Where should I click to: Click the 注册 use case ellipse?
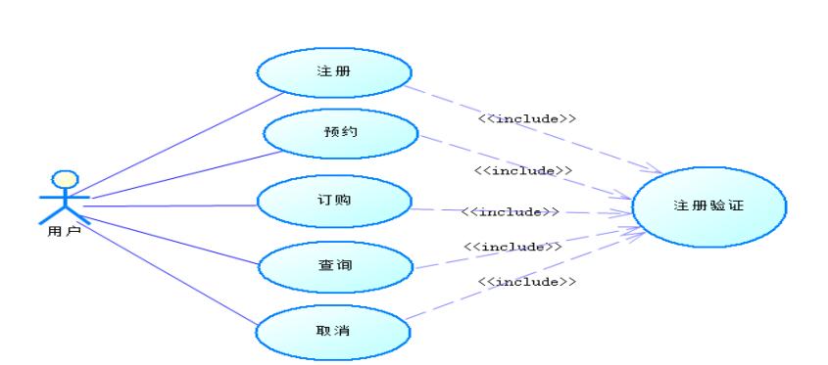point(334,72)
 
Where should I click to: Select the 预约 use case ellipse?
point(341,133)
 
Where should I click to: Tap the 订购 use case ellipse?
point(334,201)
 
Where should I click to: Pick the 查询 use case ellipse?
point(334,265)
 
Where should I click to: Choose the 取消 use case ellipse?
point(334,330)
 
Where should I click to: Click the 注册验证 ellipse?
point(708,206)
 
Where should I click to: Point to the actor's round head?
point(65,179)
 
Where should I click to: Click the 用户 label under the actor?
point(65,232)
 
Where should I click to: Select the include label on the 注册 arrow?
point(526,118)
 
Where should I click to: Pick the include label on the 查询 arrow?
point(512,247)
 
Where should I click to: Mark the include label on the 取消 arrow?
point(526,282)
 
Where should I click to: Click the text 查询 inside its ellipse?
point(334,265)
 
